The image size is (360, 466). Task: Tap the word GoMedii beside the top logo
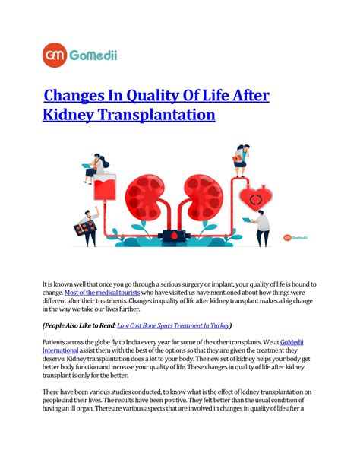coord(93,55)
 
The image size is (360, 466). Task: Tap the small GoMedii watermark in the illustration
coord(297,236)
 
